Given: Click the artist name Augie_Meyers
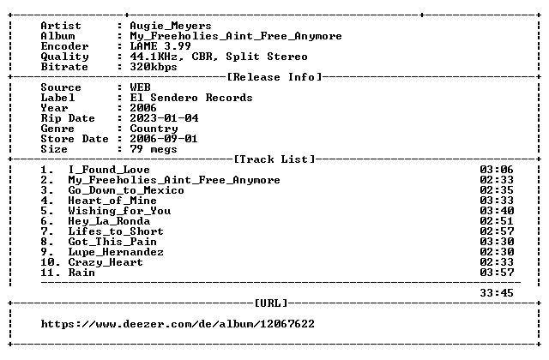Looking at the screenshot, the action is click(x=171, y=27).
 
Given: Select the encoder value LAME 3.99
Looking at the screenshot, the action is click(x=160, y=46).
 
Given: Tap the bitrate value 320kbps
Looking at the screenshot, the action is click(x=154, y=67).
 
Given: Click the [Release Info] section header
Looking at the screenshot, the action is click(x=274, y=77).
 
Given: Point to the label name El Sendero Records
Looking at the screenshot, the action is click(x=191, y=98).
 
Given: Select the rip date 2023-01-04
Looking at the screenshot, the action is click(x=164, y=118).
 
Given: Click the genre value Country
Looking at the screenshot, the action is click(x=154, y=129).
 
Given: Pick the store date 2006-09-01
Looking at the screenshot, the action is click(x=164, y=139).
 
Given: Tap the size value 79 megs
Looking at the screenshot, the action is click(x=154, y=149).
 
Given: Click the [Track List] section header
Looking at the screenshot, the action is click(x=274, y=159).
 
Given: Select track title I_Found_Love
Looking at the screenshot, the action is click(x=109, y=170).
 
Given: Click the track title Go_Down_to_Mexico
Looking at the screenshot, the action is click(x=126, y=190).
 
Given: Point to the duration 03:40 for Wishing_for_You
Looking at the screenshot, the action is click(x=497, y=211).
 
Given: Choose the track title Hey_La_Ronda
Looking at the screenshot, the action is click(x=109, y=221).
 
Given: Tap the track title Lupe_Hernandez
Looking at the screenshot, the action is click(x=116, y=252).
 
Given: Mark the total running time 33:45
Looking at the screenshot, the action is click(x=497, y=293).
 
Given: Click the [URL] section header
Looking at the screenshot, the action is click(x=271, y=303).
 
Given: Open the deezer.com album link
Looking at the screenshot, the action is click(x=178, y=324).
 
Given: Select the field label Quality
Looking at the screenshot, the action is click(x=64, y=57).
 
